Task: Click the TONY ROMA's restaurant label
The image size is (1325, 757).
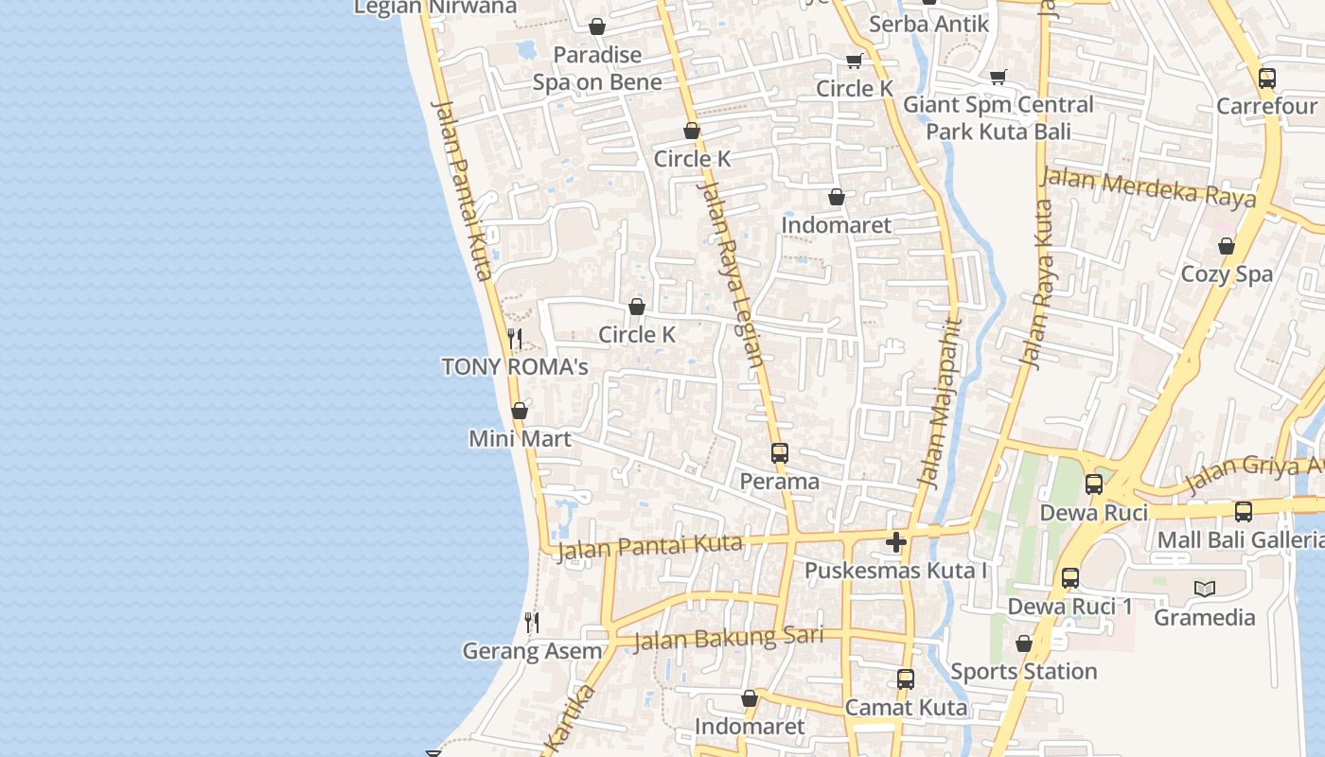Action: (515, 367)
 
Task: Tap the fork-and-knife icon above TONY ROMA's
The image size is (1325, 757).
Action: (515, 338)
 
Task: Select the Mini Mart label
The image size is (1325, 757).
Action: (521, 439)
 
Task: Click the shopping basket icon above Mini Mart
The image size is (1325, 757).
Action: (520, 411)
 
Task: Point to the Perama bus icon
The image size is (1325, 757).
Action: (780, 452)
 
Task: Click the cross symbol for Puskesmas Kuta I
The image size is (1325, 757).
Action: (896, 542)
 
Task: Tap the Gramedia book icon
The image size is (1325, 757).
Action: (1205, 589)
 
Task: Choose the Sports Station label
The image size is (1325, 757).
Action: (1024, 672)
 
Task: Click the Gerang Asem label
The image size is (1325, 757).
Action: (532, 651)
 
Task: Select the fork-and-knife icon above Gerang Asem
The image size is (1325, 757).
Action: (532, 622)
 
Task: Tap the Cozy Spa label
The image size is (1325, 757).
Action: (1227, 274)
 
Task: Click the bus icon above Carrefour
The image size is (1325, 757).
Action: (1267, 79)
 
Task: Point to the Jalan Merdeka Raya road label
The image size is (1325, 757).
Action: (1149, 186)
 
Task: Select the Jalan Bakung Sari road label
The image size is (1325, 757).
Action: (727, 638)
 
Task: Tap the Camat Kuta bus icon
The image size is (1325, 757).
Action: (906, 678)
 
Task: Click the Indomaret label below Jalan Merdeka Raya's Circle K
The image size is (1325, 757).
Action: (837, 225)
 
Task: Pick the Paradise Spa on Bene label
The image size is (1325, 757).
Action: (597, 68)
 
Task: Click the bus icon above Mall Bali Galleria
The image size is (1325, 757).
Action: (1244, 511)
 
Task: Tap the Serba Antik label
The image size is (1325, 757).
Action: (928, 24)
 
